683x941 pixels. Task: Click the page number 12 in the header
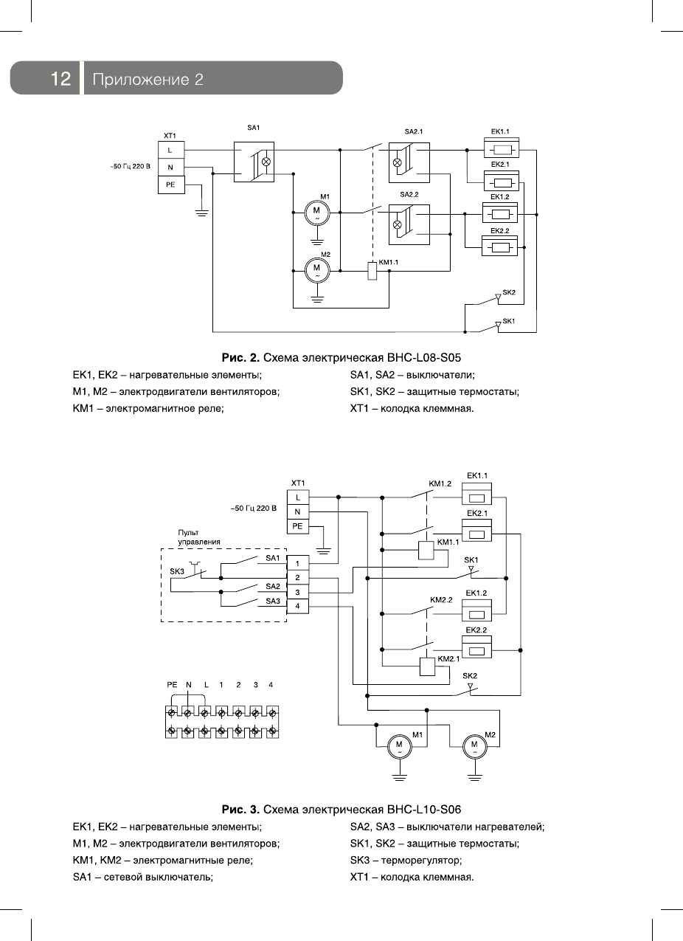[x=60, y=78]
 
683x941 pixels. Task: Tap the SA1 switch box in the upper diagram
[x=254, y=162]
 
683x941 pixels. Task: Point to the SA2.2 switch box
[x=409, y=224]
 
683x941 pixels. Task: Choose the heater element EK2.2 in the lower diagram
[x=476, y=650]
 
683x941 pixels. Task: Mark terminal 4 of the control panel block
[x=297, y=606]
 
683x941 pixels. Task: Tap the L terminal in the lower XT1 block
[x=297, y=497]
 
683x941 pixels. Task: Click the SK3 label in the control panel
[x=177, y=571]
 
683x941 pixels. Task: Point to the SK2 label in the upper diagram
[x=508, y=293]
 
